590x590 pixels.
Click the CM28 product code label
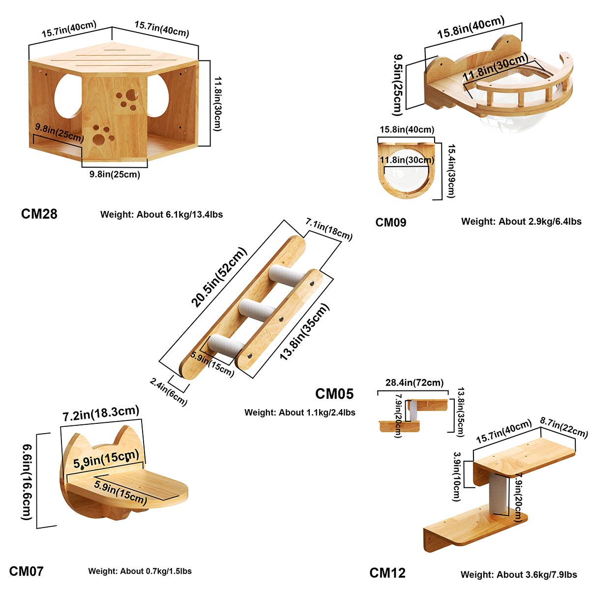coord(39,214)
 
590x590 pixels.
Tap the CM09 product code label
coord(391,222)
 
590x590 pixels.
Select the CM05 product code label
coord(334,394)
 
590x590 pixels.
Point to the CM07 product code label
coord(26,571)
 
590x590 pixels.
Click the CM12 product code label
coord(387,573)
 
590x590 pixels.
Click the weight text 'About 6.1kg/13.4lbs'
coord(162,214)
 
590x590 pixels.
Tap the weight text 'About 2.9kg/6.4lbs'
coord(521,222)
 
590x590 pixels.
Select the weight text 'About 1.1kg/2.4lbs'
coord(300,413)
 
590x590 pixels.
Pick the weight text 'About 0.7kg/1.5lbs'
coord(140,571)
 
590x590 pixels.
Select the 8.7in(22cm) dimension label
coord(563,427)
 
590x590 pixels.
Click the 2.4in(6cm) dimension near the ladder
coord(169,391)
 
